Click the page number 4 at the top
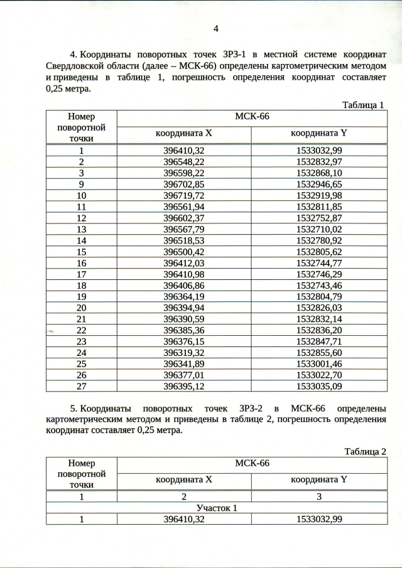click(x=215, y=28)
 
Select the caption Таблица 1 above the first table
click(x=362, y=105)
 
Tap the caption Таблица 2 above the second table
click(x=362, y=452)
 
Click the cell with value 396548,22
click(x=184, y=161)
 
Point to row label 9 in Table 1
click(x=82, y=184)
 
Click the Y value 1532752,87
click(x=318, y=218)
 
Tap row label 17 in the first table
click(x=82, y=274)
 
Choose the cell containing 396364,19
click(x=184, y=297)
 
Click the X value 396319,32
click(x=184, y=353)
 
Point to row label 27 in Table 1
click(x=82, y=387)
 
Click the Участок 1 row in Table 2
click(x=216, y=508)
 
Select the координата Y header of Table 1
click(x=318, y=133)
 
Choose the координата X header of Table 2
click(x=184, y=480)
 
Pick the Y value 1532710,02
click(x=318, y=229)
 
